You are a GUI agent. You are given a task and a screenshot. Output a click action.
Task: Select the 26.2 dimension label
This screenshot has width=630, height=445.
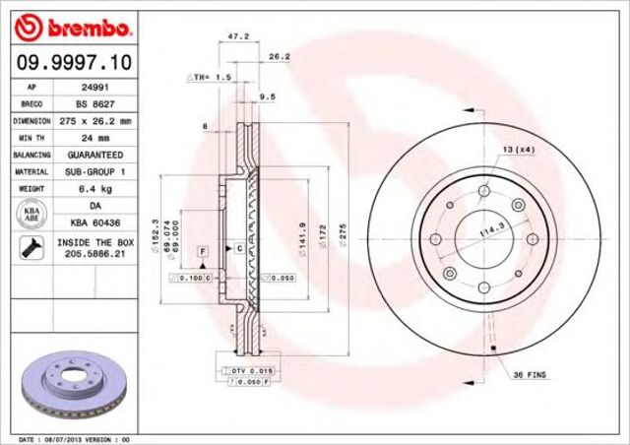[x=278, y=57]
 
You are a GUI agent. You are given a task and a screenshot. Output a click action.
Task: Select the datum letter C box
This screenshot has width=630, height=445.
[x=238, y=248]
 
